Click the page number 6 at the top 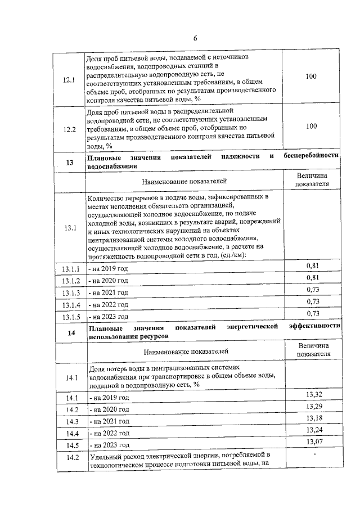[195, 38]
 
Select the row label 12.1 [70, 79]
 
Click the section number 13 [70, 163]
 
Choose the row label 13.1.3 [71, 292]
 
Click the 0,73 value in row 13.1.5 [313, 313]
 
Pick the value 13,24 [313, 430]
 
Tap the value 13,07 [313, 442]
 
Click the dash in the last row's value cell [315, 454]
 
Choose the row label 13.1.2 [71, 280]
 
